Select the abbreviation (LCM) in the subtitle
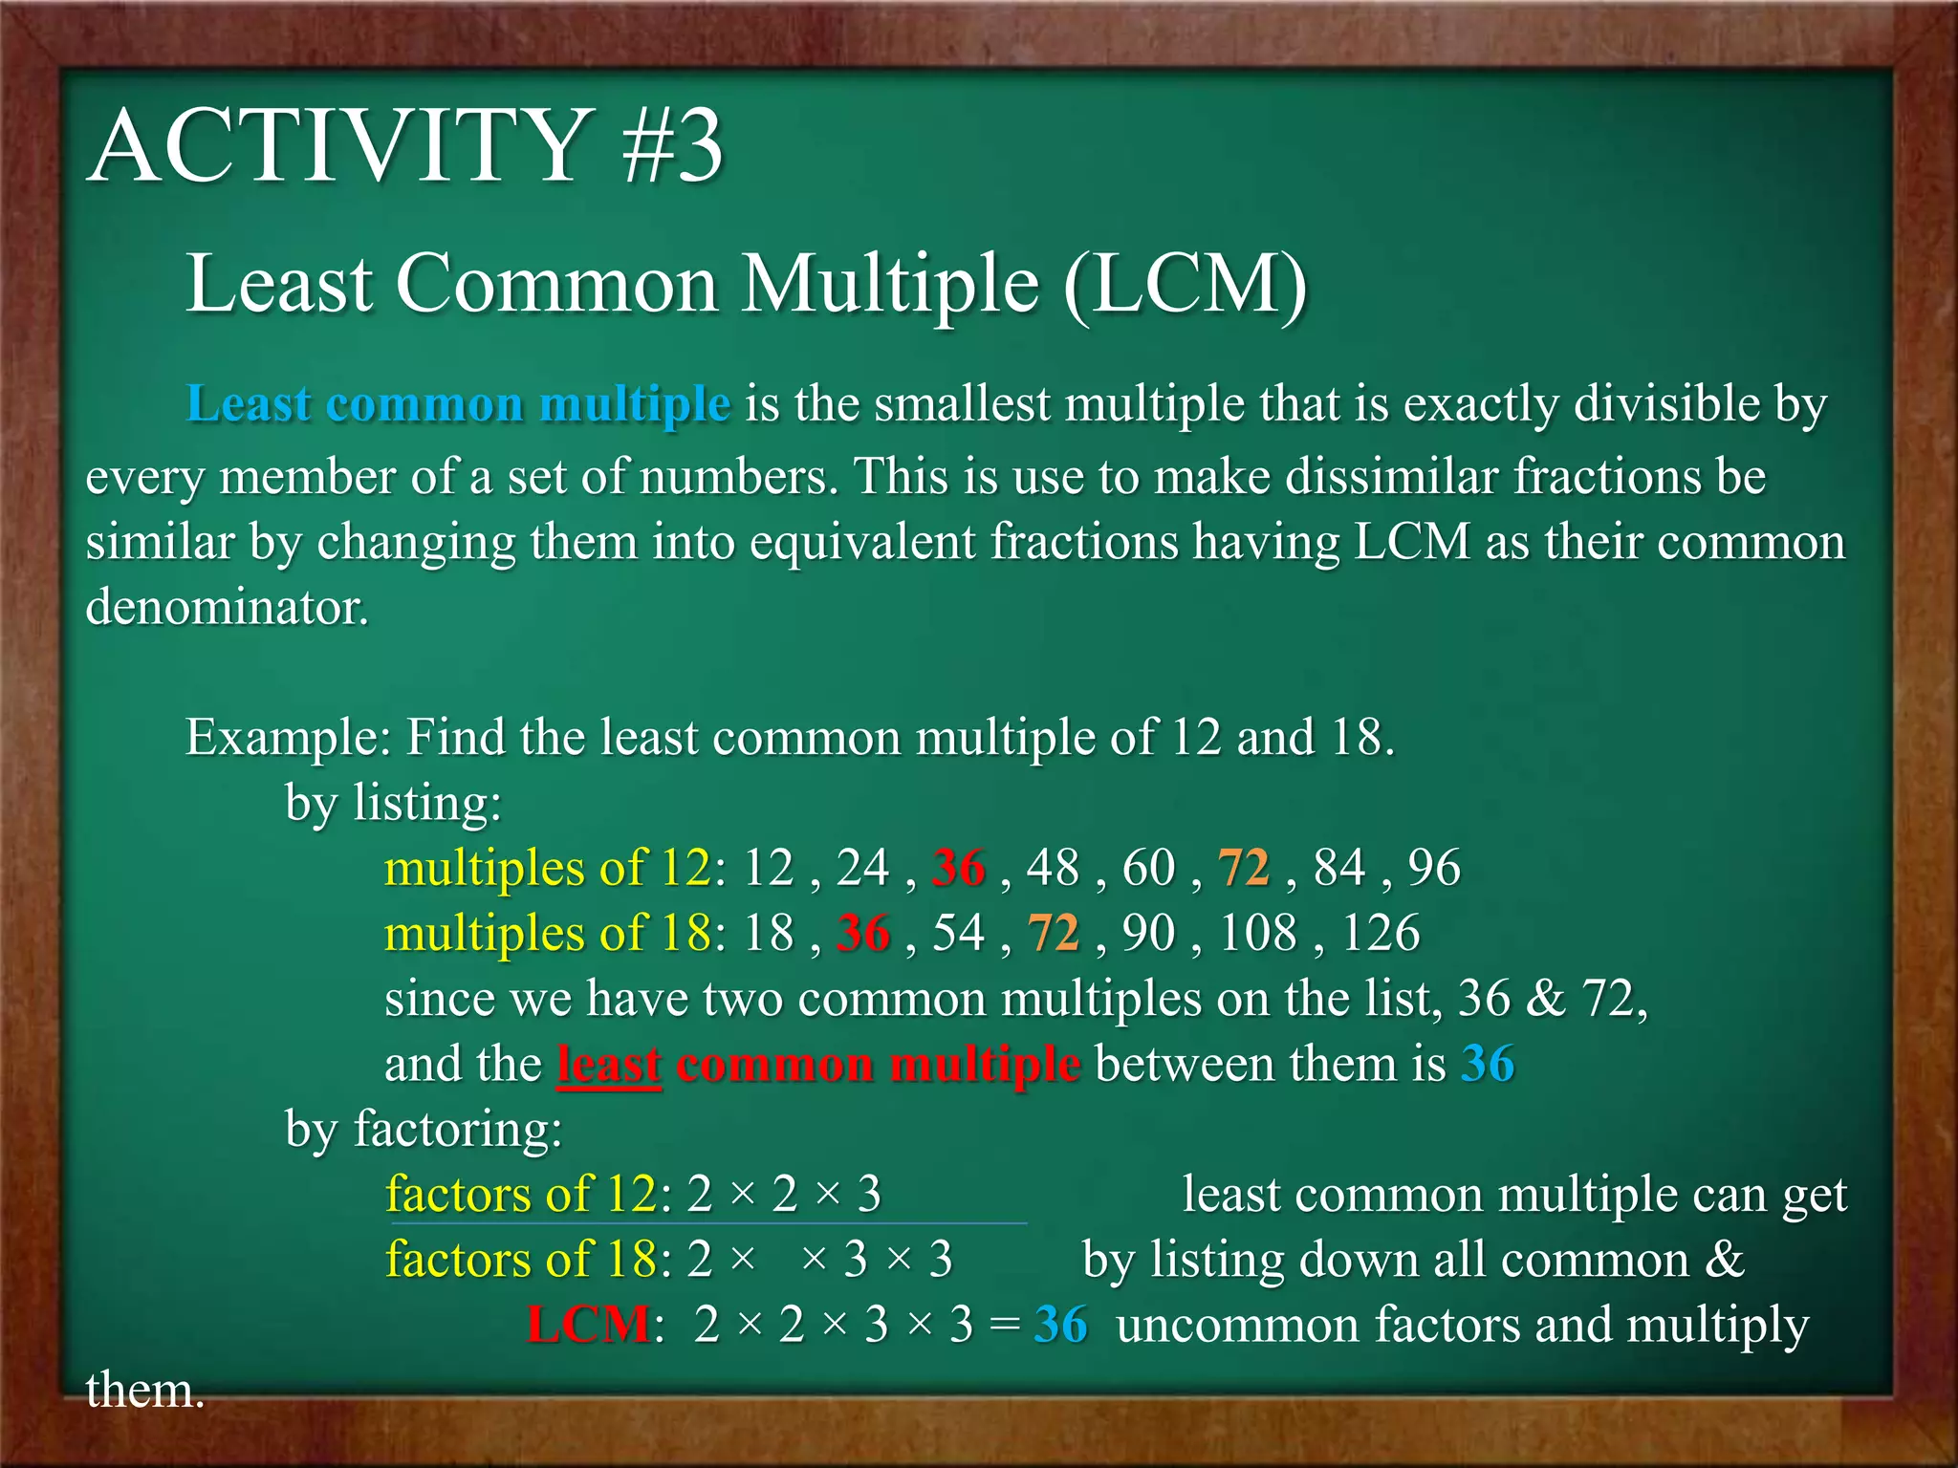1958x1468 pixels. [x=1185, y=284]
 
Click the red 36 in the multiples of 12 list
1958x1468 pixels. [x=959, y=869]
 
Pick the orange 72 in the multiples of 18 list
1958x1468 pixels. [x=1054, y=934]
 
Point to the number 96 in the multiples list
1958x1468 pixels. [x=1434, y=869]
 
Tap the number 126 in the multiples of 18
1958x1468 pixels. [x=1381, y=934]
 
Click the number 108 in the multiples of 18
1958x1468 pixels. [x=1258, y=934]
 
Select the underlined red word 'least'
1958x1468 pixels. [x=609, y=1065]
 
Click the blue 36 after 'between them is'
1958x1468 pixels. [x=1488, y=1065]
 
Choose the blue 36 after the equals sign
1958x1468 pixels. [x=1060, y=1326]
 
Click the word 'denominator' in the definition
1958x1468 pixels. [x=227, y=608]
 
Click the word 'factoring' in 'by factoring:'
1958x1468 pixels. [x=457, y=1130]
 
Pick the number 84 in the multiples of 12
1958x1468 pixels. [x=1339, y=869]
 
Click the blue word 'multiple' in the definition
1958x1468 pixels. [x=635, y=404]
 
